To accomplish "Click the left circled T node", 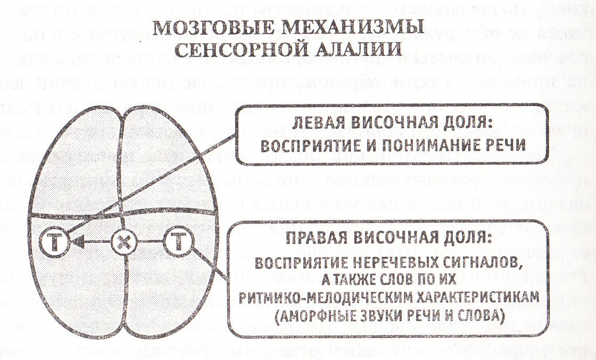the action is tap(53, 243).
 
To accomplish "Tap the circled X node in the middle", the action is tap(124, 243).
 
